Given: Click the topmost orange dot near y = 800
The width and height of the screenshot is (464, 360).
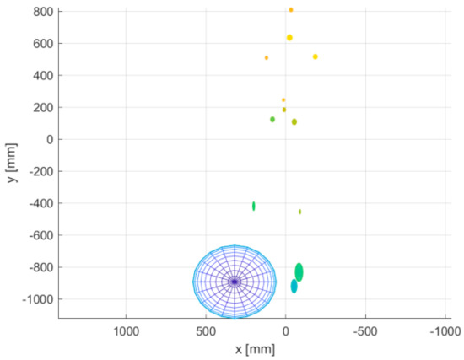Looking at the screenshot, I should (291, 10).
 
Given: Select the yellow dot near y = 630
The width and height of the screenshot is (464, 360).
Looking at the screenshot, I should (289, 38).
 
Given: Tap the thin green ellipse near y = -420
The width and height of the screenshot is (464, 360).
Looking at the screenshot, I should (253, 206).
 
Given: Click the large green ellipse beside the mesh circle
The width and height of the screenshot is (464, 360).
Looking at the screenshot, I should (299, 271).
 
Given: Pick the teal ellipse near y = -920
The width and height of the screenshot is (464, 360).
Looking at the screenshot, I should (294, 287).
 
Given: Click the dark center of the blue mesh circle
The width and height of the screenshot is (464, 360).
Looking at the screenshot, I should (235, 282).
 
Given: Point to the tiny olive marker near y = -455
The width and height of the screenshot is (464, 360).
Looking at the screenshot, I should (299, 212).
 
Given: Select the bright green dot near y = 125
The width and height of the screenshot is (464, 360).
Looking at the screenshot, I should (272, 119).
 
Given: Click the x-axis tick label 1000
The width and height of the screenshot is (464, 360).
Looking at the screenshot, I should (126, 330).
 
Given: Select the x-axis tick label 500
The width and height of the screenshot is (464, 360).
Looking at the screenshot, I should (205, 330).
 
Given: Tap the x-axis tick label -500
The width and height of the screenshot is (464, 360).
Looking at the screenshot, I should (364, 330).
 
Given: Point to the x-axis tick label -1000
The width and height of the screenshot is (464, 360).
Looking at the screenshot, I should (444, 330).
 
